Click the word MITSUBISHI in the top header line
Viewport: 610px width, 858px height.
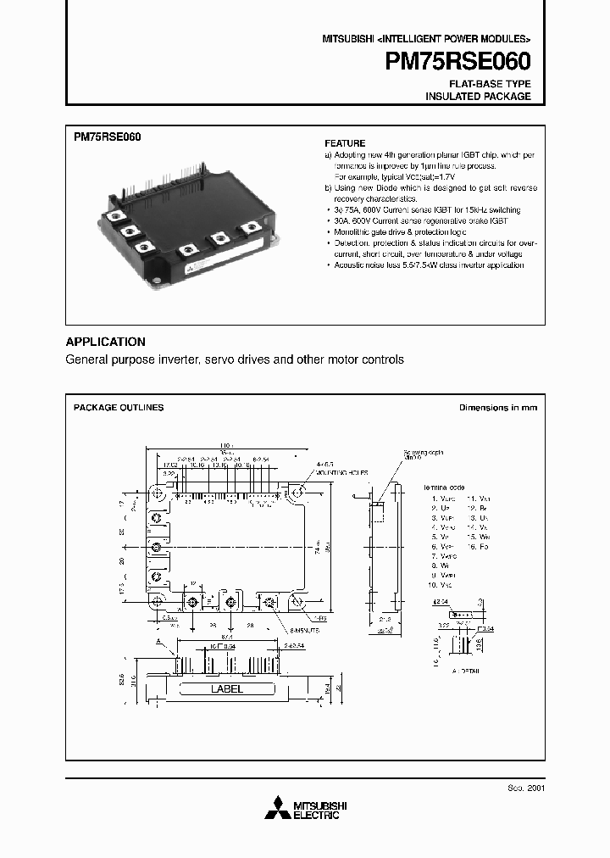coord(347,40)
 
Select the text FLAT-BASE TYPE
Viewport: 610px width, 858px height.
coord(491,84)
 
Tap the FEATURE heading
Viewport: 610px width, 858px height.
coord(345,143)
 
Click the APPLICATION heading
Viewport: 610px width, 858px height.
coord(106,342)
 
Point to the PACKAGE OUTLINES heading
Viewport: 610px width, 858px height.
coord(119,408)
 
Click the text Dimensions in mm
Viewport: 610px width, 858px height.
coord(498,408)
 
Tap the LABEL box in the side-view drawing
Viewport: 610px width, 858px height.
coord(226,689)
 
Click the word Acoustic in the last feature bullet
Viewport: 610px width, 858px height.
coord(347,265)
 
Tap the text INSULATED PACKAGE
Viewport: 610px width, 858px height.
coord(478,97)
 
